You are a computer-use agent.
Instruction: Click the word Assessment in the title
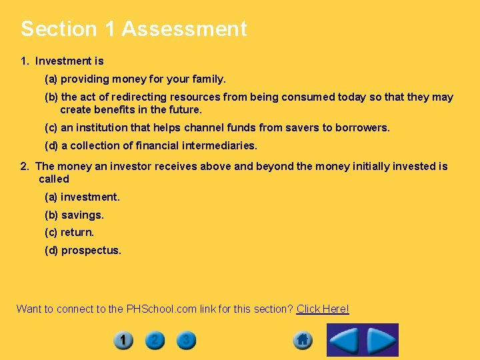tap(184, 29)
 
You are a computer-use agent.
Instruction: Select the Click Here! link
tap(323, 309)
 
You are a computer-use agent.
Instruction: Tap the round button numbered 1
tap(123, 341)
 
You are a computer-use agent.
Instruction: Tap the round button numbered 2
tap(154, 341)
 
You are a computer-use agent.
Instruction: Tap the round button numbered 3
tap(186, 341)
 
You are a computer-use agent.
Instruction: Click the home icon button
tap(303, 341)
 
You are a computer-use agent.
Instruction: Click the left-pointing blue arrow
tap(345, 341)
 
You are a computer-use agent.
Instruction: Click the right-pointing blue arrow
tap(381, 341)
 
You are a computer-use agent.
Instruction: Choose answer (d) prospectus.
tap(83, 251)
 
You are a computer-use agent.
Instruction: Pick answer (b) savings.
tap(74, 215)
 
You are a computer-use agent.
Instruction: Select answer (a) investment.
tap(82, 197)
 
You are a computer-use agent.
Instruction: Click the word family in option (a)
tap(209, 79)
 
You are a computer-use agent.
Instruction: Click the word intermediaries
tap(219, 145)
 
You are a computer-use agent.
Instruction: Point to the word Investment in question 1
tap(64, 61)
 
